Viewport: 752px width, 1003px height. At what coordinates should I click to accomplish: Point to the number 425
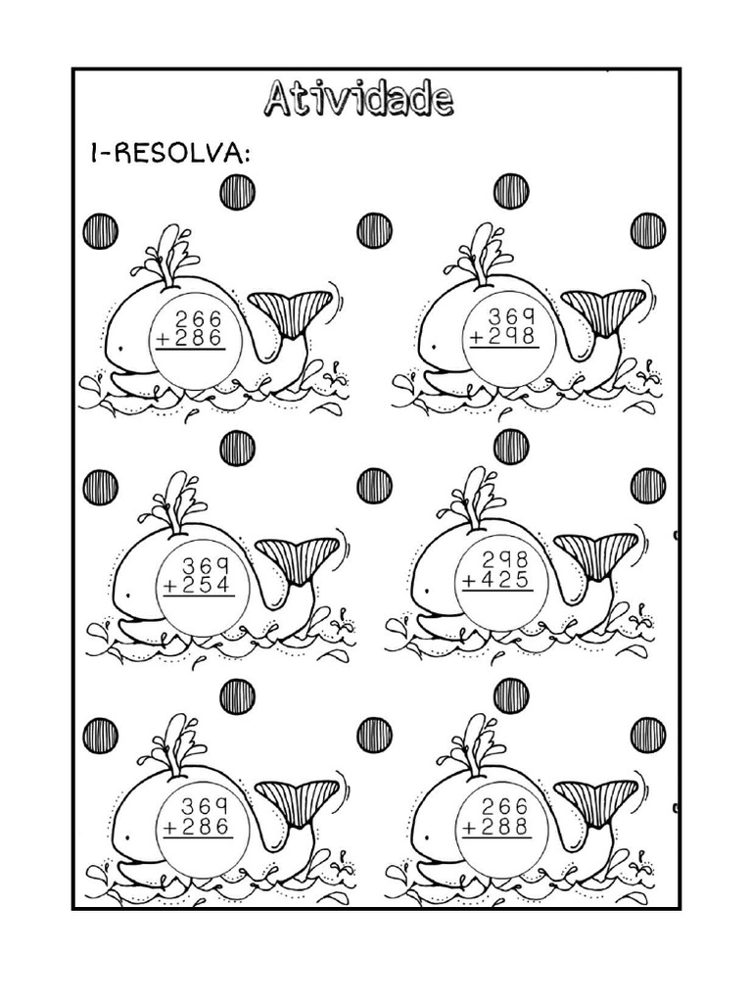click(x=506, y=580)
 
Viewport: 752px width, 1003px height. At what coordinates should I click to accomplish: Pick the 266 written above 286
click(x=198, y=318)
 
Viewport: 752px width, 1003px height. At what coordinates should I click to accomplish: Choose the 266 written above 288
click(x=505, y=806)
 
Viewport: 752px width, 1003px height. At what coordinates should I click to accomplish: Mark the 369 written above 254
click(x=206, y=565)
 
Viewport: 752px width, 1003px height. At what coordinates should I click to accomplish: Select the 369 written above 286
click(x=206, y=806)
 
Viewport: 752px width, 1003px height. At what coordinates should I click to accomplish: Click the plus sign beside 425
click(x=470, y=580)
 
